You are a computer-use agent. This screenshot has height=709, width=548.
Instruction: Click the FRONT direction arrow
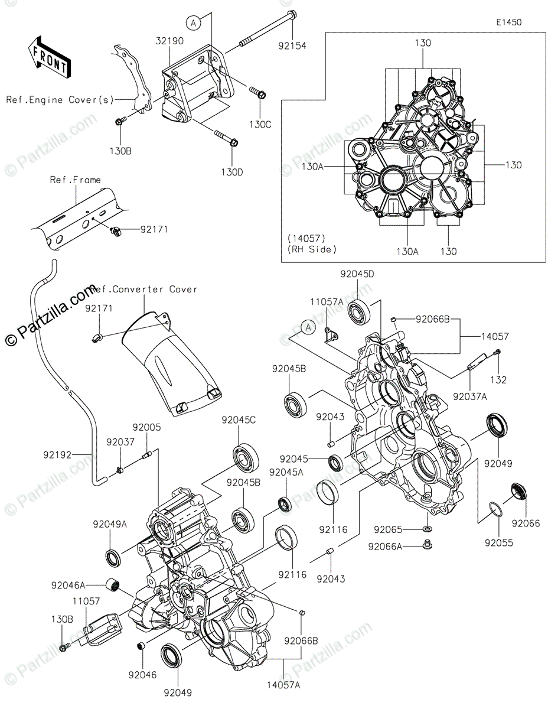48,57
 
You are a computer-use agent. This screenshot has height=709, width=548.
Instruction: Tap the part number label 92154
292,46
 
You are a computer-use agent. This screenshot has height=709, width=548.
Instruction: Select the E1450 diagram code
509,22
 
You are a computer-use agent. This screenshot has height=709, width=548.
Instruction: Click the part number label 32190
169,41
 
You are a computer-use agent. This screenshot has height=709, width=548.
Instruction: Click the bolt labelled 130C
258,92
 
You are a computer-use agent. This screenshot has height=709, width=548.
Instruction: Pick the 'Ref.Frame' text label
76,180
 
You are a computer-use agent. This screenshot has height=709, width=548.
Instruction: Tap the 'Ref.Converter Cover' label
145,289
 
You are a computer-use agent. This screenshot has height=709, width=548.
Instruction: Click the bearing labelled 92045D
359,312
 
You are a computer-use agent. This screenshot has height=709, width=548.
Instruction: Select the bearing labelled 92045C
246,457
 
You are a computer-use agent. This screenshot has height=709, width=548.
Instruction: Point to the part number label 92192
57,455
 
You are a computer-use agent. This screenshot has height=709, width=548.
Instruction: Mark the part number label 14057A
283,685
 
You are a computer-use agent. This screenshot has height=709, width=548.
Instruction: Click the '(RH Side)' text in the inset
312,249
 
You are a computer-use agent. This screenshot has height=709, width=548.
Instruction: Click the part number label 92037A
470,396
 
